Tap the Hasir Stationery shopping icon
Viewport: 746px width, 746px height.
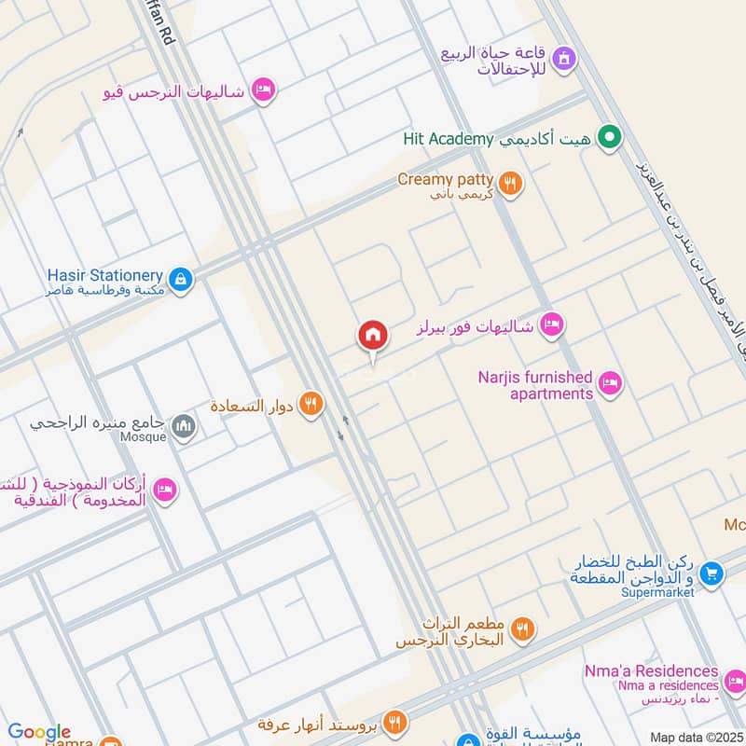pyautogui.click(x=181, y=278)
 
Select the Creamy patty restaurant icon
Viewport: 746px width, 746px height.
pyautogui.click(x=509, y=183)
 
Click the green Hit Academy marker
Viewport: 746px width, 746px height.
pyautogui.click(x=610, y=139)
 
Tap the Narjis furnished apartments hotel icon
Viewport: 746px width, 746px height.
pyautogui.click(x=611, y=383)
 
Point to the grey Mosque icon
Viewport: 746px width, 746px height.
pyautogui.click(x=185, y=427)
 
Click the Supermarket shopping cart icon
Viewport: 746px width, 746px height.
pyautogui.click(x=711, y=572)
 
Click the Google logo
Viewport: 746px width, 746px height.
pyautogui.click(x=39, y=732)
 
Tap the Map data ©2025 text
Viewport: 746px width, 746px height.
pyautogui.click(x=696, y=737)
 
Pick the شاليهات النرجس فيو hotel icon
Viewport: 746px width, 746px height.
pyautogui.click(x=264, y=89)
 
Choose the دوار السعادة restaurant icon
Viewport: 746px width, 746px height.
pyautogui.click(x=311, y=406)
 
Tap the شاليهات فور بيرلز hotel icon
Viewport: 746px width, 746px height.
pyautogui.click(x=552, y=325)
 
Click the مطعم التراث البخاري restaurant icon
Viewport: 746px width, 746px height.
pyautogui.click(x=522, y=630)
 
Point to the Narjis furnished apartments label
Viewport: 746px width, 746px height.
pyautogui.click(x=535, y=385)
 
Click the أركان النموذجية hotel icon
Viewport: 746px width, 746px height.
pyautogui.click(x=164, y=490)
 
